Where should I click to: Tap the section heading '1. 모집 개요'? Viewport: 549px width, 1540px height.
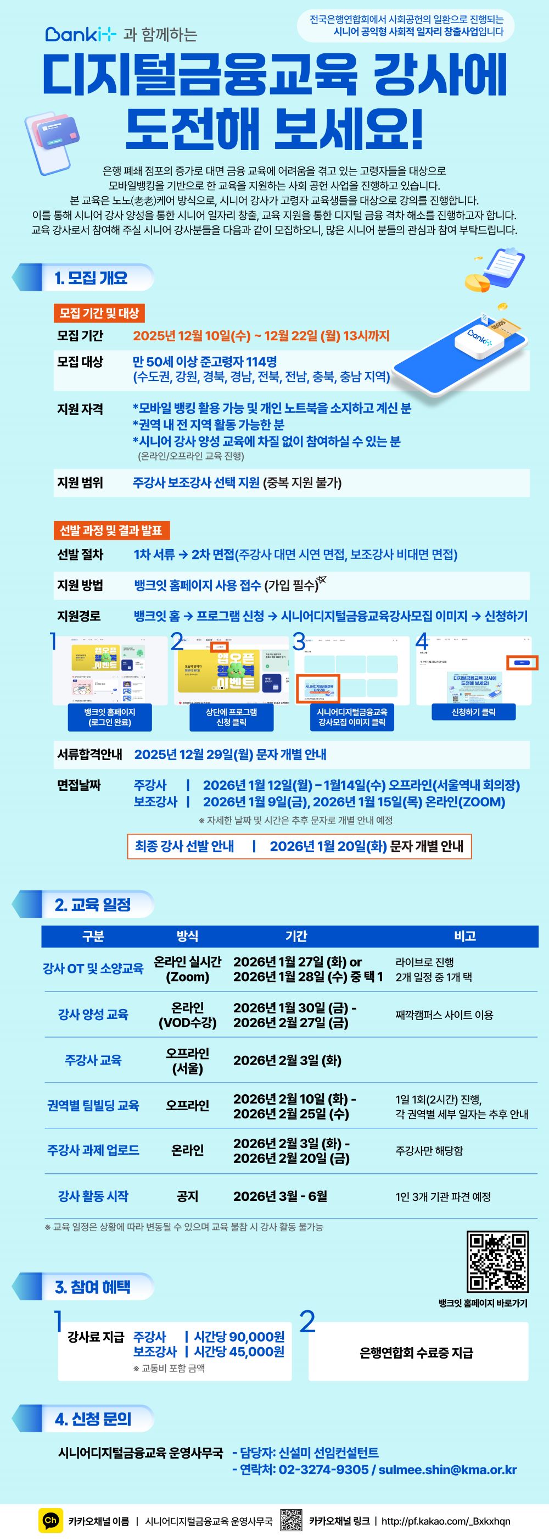pos(91,278)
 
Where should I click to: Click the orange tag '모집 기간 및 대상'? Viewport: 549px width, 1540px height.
pos(99,313)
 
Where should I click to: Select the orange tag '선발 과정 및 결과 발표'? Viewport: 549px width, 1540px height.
pos(110,530)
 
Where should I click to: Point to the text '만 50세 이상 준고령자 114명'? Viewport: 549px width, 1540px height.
pos(204,362)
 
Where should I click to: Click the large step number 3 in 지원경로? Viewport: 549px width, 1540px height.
pos(299,641)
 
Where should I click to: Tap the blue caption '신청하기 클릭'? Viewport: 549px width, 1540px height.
pos(473,712)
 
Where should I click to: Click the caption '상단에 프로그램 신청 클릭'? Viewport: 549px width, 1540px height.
pos(231,717)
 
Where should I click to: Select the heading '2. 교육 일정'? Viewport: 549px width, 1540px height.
pos(93,905)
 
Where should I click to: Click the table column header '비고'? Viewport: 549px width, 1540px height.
pos(465,936)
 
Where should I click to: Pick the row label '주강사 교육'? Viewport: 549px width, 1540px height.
pos(93,1060)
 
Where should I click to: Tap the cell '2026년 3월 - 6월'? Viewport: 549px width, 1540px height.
pos(280,1195)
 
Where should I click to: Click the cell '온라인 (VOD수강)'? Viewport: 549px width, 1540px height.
pos(187,1015)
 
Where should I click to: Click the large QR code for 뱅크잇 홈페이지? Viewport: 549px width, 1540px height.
pos(497,1261)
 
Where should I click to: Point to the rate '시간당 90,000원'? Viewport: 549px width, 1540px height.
pos(239,1336)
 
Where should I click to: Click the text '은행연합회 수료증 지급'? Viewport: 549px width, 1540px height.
pos(416,1352)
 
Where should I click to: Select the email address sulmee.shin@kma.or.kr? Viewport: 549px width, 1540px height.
pos(447,1470)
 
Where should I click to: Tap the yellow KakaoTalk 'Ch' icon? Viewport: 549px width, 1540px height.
pos(51,1520)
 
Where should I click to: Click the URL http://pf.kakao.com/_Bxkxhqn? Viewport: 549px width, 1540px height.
pos(446,1521)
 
